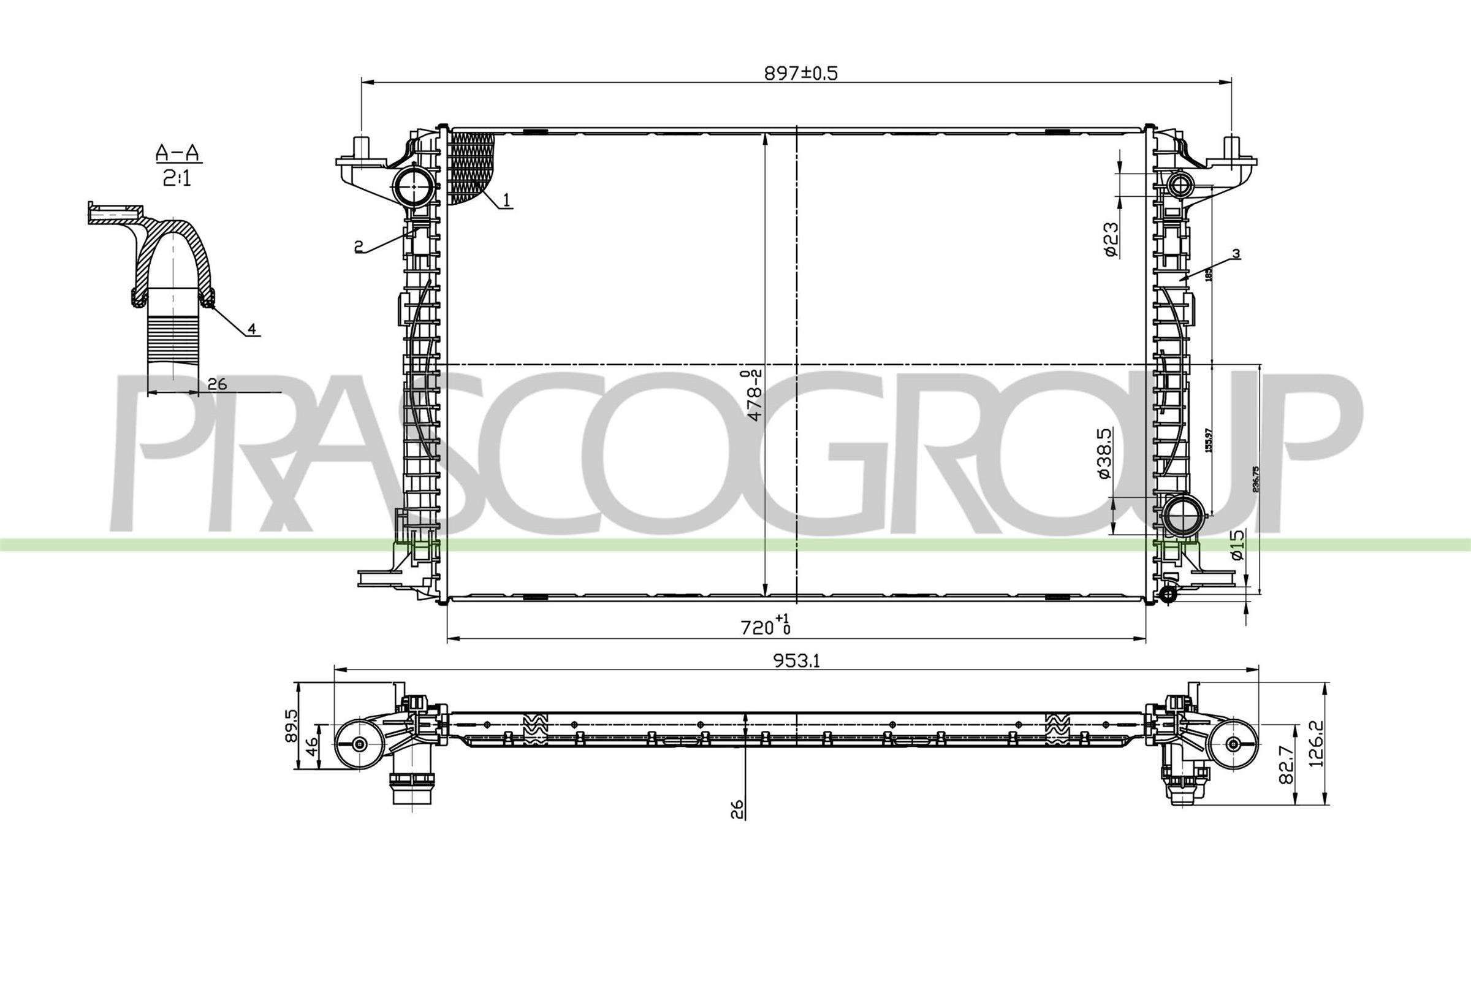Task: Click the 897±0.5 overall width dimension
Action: pos(800,74)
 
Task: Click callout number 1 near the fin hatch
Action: pos(507,201)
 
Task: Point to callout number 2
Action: pos(359,247)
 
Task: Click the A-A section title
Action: pos(178,152)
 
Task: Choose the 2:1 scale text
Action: pos(178,180)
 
